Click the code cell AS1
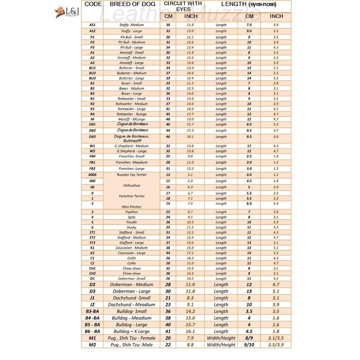92,25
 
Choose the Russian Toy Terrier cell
131,174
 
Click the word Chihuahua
131,185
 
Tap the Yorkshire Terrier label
131,196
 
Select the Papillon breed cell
131,211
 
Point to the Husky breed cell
131,227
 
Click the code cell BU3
92,78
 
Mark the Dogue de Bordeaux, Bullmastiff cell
131,138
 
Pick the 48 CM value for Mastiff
168,119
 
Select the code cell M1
92,338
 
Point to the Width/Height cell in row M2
221,345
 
